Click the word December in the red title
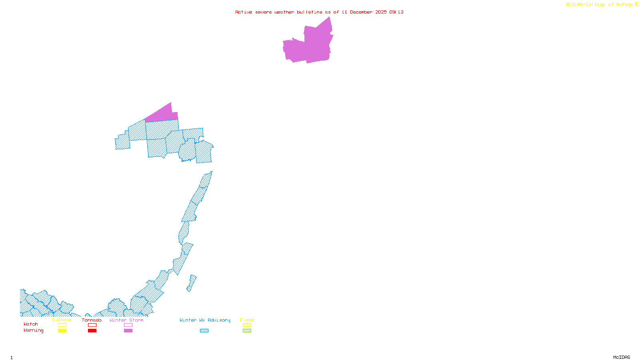coord(361,12)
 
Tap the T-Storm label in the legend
coord(62,320)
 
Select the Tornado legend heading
coord(92,320)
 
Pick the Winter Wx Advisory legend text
coord(205,320)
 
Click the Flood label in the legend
coord(247,320)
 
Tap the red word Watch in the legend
coord(31,324)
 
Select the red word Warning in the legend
coord(34,330)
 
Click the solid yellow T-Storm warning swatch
coord(62,331)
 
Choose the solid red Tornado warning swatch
coord(92,331)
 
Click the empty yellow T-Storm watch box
coord(62,325)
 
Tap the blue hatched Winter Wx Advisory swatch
coord(204,331)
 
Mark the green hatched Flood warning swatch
coord(247,331)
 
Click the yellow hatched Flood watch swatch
coord(247,325)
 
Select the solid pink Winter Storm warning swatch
coord(128,331)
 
